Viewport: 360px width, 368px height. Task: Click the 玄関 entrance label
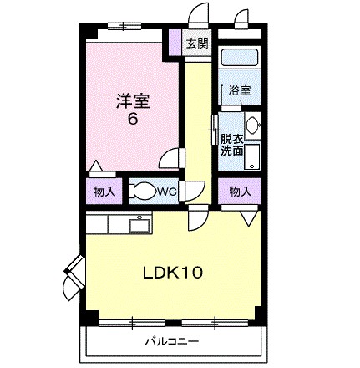198,44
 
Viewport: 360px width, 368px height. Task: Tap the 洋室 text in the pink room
132,100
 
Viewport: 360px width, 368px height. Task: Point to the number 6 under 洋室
132,119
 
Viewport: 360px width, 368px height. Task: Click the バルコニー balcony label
170,341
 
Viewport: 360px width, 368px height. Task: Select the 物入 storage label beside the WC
104,192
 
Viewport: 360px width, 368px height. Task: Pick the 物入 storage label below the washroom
241,192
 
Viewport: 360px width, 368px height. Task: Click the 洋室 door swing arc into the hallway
173,159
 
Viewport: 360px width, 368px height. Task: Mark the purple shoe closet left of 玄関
175,42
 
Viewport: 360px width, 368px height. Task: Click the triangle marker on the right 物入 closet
250,217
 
